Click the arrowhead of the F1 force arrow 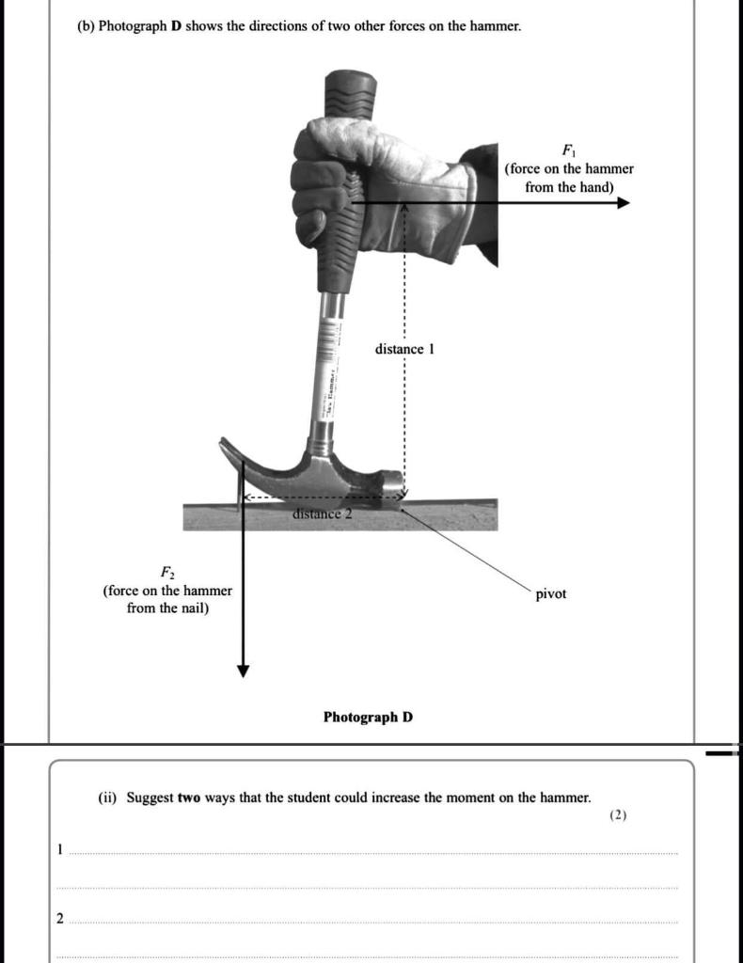pyautogui.click(x=623, y=202)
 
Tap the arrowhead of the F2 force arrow pyautogui.click(x=244, y=670)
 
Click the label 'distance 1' pyautogui.click(x=404, y=349)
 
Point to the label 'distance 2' pyautogui.click(x=322, y=513)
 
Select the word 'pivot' pyautogui.click(x=551, y=594)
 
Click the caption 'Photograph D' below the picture pyautogui.click(x=368, y=718)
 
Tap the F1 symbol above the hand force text pyautogui.click(x=568, y=150)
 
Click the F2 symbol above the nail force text pyautogui.click(x=166, y=572)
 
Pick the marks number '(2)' pyautogui.click(x=617, y=816)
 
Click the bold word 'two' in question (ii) pyautogui.click(x=189, y=797)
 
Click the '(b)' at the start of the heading pyautogui.click(x=86, y=26)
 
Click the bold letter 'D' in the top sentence pyautogui.click(x=175, y=26)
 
